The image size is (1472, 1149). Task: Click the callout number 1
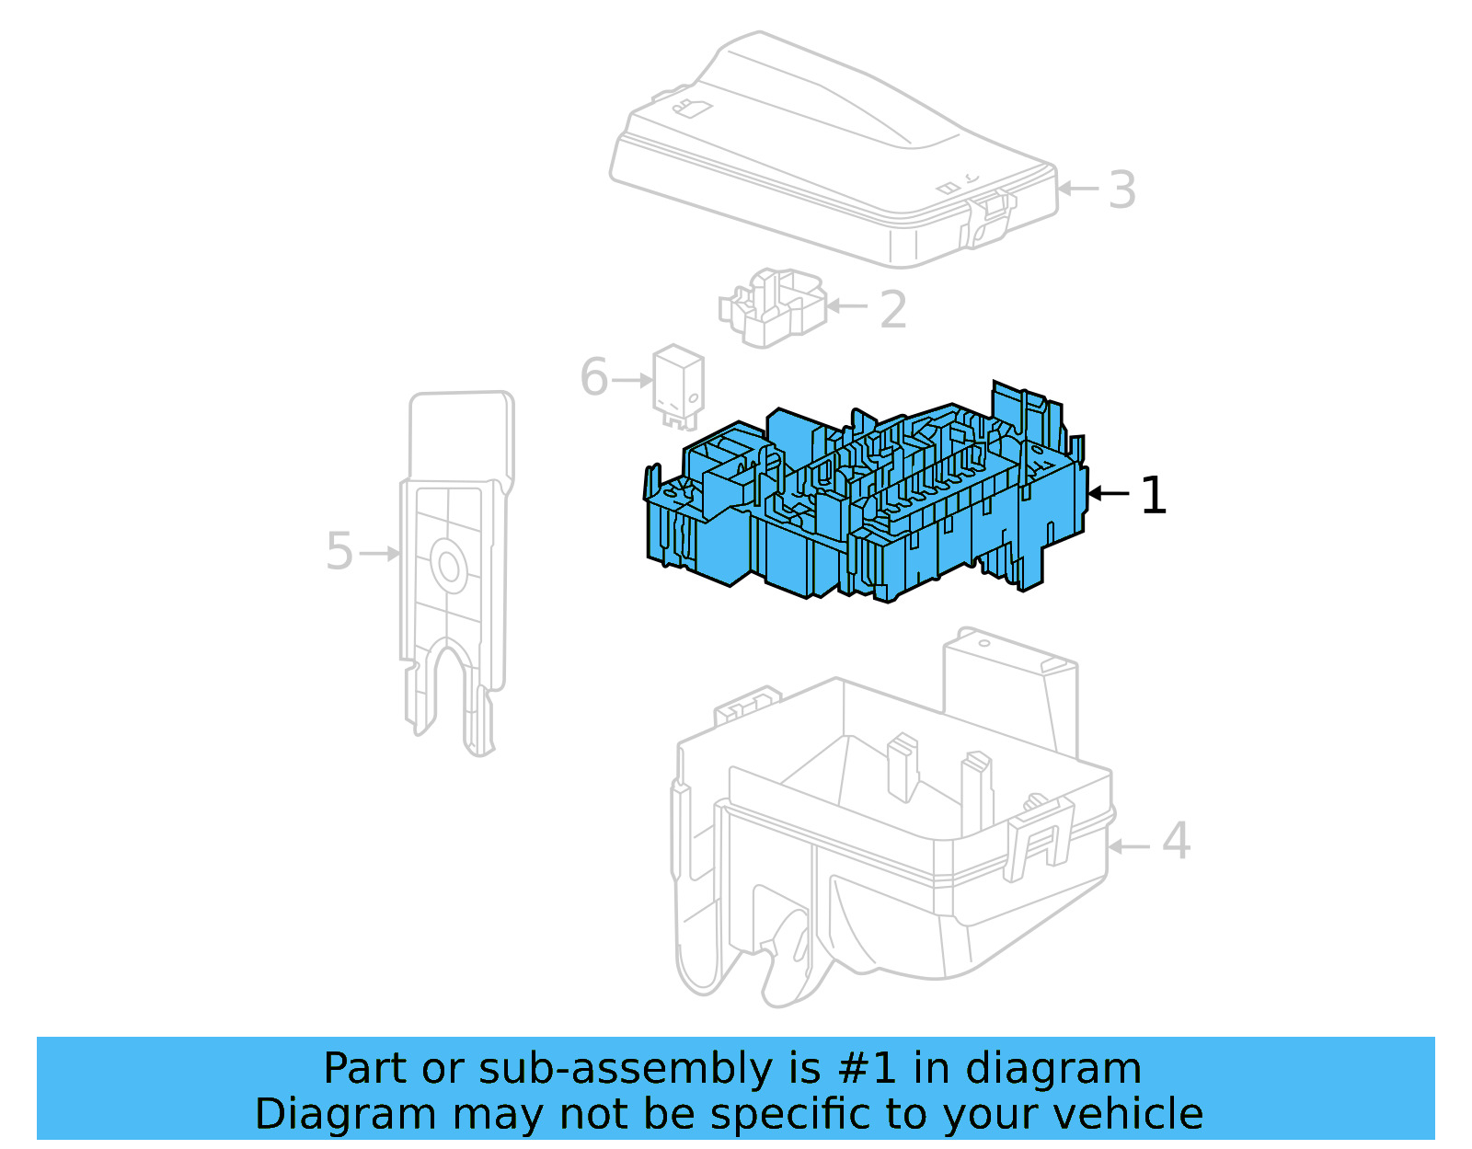(1153, 495)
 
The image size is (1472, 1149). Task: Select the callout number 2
(892, 310)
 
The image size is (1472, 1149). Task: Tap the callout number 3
(1121, 190)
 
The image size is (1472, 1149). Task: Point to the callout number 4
(1176, 841)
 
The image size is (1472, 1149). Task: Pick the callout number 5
(339, 552)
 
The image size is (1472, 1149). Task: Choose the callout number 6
(594, 378)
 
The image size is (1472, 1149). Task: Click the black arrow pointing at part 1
(1108, 494)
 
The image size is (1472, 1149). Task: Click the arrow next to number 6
(633, 380)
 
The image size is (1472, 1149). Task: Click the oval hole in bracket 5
(449, 566)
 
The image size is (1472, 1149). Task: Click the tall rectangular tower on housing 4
(1009, 690)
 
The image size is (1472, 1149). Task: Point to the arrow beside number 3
(1077, 189)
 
